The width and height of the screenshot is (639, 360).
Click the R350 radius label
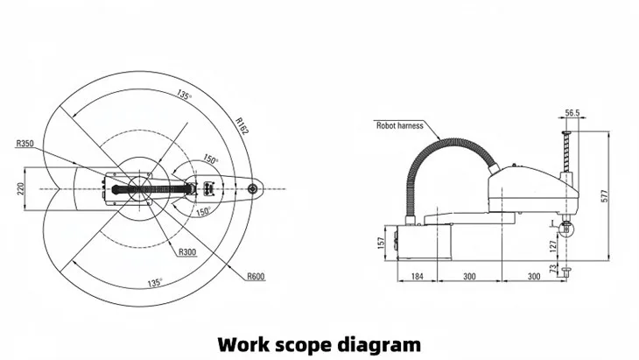26,143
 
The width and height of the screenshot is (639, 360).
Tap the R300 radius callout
186,252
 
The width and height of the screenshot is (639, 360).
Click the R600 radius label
256,276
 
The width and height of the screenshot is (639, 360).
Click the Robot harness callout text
400,125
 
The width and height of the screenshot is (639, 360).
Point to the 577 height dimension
604,197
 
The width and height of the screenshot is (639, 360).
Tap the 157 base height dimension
381,241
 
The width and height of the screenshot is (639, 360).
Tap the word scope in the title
305,342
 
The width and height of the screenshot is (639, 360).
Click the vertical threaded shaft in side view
567,153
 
